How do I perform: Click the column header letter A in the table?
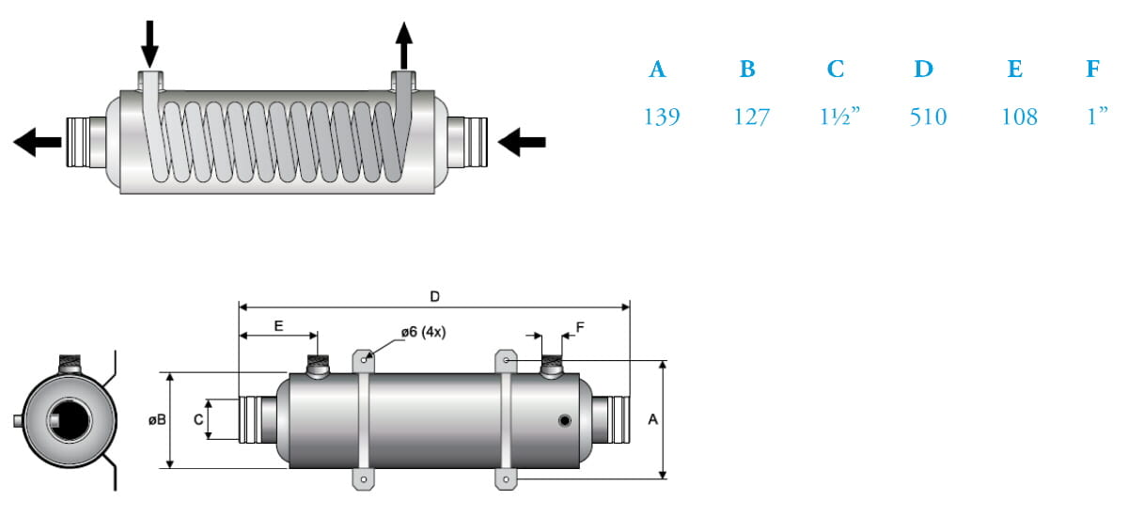point(658,69)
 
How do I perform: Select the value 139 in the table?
point(662,117)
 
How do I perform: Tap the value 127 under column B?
point(752,117)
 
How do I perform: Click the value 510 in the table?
point(929,117)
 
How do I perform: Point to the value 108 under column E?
point(1019,117)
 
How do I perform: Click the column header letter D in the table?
point(923,69)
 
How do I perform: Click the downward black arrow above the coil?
point(149,43)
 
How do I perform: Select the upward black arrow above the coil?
point(403,43)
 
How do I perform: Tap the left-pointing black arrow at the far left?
point(37,142)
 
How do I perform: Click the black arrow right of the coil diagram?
point(522,142)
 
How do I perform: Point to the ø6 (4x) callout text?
point(422,332)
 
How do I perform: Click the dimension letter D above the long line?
point(434,297)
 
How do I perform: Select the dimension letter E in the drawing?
point(278,325)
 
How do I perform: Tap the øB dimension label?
point(157,420)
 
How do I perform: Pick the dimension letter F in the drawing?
point(580,326)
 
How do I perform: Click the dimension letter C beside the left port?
point(198,420)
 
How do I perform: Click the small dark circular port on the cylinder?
point(565,420)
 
